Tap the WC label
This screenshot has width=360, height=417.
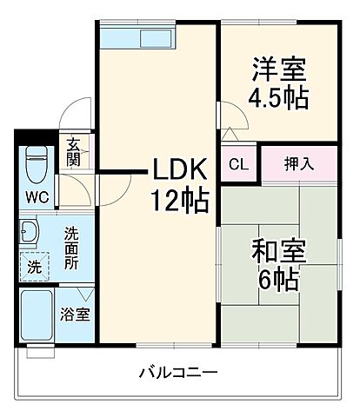36,195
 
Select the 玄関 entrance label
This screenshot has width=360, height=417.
73,153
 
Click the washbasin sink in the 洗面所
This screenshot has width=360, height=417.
30,232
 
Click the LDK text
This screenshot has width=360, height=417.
182,168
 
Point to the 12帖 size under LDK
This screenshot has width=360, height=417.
182,201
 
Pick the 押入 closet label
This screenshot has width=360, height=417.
297,162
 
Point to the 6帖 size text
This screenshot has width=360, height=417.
278,281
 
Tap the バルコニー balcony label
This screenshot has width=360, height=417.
178,373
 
